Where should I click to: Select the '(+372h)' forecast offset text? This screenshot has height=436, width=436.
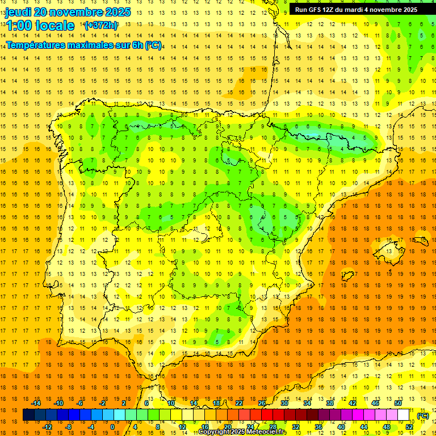100,26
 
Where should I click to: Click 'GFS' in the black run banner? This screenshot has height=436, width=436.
317,10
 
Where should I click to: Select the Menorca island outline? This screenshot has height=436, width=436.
421,239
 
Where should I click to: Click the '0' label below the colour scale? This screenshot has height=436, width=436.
112,427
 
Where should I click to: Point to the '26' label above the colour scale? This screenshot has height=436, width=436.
262,403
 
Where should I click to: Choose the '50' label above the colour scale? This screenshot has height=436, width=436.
397,403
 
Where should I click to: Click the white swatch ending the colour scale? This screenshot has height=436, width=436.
403,415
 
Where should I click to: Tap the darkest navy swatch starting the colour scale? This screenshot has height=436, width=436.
28,415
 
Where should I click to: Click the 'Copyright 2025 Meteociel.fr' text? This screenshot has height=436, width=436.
242,432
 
